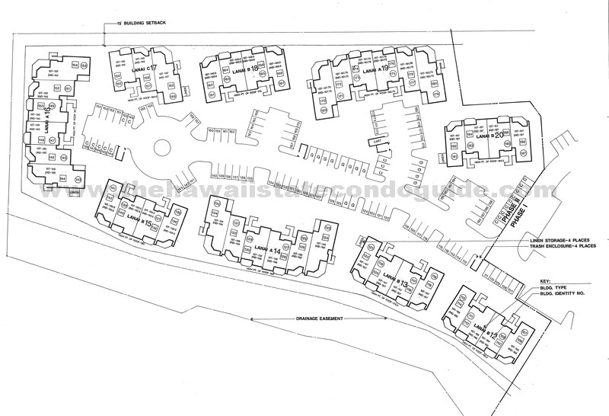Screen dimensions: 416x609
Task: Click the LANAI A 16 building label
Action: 47,121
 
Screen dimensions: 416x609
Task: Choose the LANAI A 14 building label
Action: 263,250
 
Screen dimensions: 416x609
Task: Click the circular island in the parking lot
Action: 166,148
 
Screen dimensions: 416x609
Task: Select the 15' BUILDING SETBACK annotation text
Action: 137,23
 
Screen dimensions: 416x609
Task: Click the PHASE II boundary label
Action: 502,204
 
